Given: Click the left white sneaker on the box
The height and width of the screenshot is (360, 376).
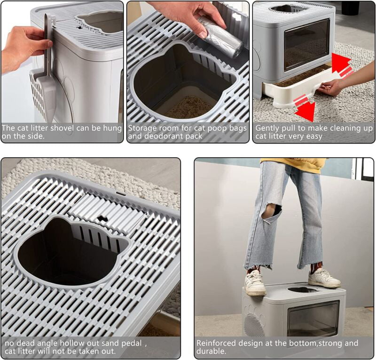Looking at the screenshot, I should (x=255, y=282).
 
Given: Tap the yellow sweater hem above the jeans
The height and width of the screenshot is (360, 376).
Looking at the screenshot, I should (x=294, y=164).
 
